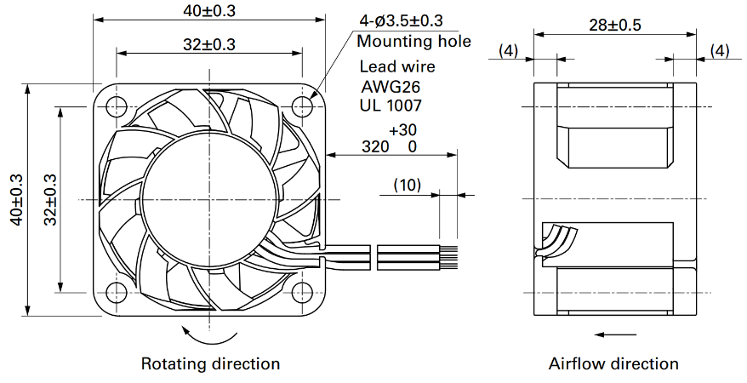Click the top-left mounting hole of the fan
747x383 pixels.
(x=117, y=106)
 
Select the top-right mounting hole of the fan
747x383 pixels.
(x=302, y=106)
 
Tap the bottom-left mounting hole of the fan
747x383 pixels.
(x=117, y=292)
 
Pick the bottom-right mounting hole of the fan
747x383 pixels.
(x=302, y=292)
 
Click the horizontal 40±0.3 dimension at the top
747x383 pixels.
(x=209, y=10)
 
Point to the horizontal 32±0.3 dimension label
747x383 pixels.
(x=209, y=44)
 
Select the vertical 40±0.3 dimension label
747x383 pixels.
(x=17, y=200)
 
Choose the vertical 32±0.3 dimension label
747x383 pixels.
(x=50, y=200)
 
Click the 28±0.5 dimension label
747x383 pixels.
(x=615, y=25)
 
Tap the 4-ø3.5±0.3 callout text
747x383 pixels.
(x=401, y=21)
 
